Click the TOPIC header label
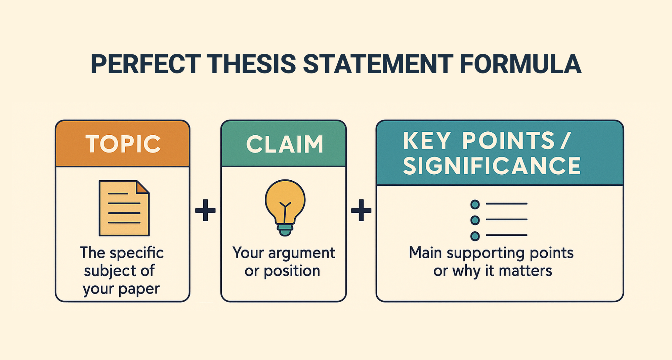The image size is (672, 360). click(x=123, y=144)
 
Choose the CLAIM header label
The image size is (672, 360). click(x=284, y=145)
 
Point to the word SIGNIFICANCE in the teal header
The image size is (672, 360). click(x=492, y=166)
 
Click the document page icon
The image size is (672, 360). click(x=124, y=208)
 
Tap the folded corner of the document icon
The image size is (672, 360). click(x=143, y=187)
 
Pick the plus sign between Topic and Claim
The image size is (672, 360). click(x=205, y=210)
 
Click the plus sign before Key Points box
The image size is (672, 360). click(x=361, y=210)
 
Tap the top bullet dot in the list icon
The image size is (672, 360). click(x=475, y=204)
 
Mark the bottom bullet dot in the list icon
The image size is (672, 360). click(x=475, y=236)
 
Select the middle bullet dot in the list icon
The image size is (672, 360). click(x=475, y=220)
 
